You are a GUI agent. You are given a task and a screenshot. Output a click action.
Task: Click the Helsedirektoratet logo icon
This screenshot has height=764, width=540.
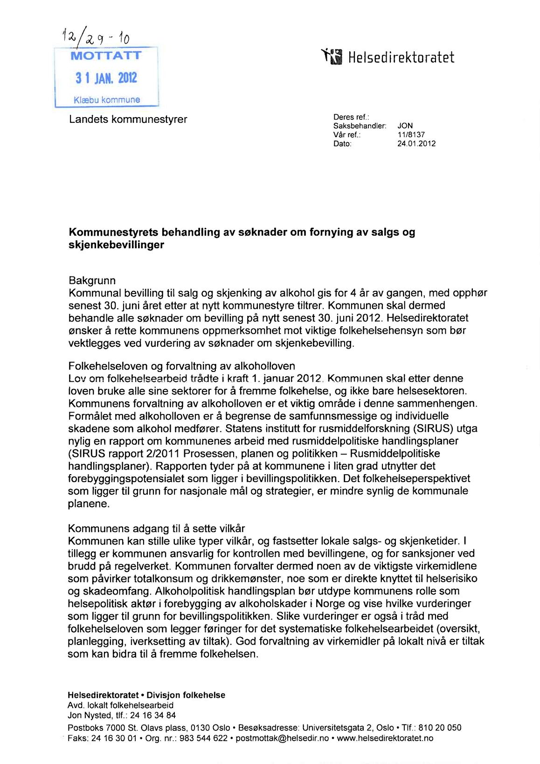point(332,57)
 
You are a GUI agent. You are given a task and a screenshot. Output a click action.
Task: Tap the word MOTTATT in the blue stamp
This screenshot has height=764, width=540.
point(106,56)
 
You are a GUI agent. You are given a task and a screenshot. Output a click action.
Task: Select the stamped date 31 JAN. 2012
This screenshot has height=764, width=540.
point(106,77)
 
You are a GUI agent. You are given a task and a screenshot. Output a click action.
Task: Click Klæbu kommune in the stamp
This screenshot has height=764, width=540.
point(107,99)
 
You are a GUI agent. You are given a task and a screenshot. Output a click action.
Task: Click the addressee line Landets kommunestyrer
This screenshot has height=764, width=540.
point(128,119)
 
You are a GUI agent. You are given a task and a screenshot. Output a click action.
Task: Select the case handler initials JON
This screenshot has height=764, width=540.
point(405,126)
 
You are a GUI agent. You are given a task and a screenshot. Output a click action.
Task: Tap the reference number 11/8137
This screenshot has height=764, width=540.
point(411,135)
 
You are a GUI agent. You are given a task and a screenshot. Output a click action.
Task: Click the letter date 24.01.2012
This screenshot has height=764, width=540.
point(416,144)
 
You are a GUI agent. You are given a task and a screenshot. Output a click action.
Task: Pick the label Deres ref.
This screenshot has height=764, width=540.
point(351,117)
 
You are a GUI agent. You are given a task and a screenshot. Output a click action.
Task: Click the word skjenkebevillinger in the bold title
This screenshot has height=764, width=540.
point(116,245)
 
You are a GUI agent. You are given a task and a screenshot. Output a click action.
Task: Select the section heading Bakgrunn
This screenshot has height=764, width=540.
point(92,280)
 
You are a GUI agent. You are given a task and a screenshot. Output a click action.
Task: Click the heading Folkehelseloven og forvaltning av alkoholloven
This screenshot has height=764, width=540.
point(181,366)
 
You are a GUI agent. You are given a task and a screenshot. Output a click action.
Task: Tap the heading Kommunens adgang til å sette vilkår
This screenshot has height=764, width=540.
point(156,528)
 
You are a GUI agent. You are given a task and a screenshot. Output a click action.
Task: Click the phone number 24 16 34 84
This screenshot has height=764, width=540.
point(153,715)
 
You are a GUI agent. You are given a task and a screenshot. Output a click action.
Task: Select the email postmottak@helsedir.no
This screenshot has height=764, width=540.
point(282,738)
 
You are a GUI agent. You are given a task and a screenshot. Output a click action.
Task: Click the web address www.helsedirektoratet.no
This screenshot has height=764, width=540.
point(385,738)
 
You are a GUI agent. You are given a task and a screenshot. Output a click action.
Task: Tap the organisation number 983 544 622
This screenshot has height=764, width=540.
point(203,738)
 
